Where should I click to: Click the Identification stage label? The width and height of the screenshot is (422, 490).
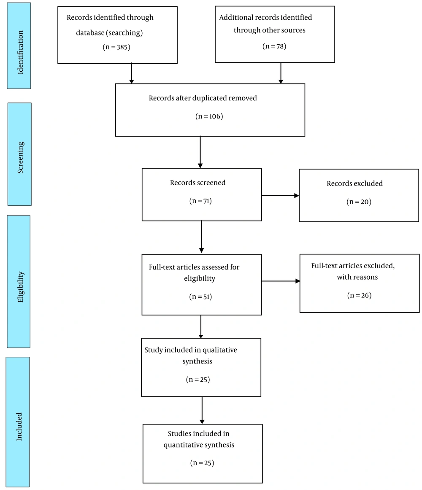(20, 52)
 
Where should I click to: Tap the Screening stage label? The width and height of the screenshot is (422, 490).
(20, 158)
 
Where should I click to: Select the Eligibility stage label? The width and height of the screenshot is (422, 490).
(20, 287)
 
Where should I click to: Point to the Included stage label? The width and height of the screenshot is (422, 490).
(19, 427)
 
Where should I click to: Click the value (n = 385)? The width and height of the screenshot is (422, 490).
(116, 47)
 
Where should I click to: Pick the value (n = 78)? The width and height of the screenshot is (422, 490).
(274, 46)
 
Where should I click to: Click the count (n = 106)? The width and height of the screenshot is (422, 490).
(209, 116)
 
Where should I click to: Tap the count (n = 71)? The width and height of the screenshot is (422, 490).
(200, 201)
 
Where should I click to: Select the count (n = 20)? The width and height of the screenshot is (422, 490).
(359, 202)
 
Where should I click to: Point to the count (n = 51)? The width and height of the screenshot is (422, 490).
(200, 296)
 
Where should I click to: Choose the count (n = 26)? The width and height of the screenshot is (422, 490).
(359, 295)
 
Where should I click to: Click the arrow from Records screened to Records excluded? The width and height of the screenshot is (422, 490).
(280, 196)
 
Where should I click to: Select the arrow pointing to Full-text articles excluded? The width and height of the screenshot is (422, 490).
(281, 281)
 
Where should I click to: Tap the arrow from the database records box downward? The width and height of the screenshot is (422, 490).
(131, 73)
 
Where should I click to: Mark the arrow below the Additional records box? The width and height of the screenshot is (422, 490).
(281, 73)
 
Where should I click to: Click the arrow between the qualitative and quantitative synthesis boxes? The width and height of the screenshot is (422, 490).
(202, 410)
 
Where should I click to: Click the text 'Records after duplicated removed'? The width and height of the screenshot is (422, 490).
(203, 98)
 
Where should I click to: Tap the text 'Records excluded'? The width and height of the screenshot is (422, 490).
(355, 183)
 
